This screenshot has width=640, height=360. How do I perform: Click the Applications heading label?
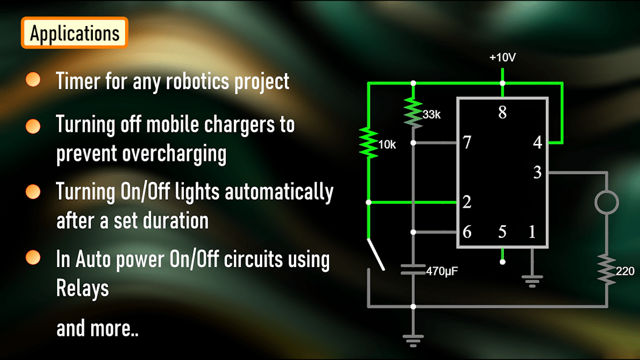(x=75, y=33)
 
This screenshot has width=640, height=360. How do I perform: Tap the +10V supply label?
(x=502, y=58)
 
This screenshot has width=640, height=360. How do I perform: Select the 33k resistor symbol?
(x=413, y=113)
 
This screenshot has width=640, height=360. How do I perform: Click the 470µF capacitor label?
(x=441, y=271)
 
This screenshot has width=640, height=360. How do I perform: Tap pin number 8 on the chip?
(x=502, y=113)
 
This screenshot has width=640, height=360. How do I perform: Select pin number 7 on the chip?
(x=466, y=143)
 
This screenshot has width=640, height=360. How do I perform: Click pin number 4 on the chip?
(x=537, y=143)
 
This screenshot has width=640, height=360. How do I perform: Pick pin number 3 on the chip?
(x=537, y=173)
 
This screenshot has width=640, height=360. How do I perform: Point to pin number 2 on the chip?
(x=466, y=202)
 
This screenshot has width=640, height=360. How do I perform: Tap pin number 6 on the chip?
(x=466, y=232)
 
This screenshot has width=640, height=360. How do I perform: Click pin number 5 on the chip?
(x=502, y=232)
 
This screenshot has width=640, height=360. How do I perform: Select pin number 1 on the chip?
(x=532, y=232)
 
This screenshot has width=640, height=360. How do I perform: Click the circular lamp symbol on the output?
(x=606, y=202)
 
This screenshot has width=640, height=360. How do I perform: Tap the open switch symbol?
(x=375, y=255)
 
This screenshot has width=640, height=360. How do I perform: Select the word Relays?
(x=83, y=288)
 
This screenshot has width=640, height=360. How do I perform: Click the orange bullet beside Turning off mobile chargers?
(x=33, y=126)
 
